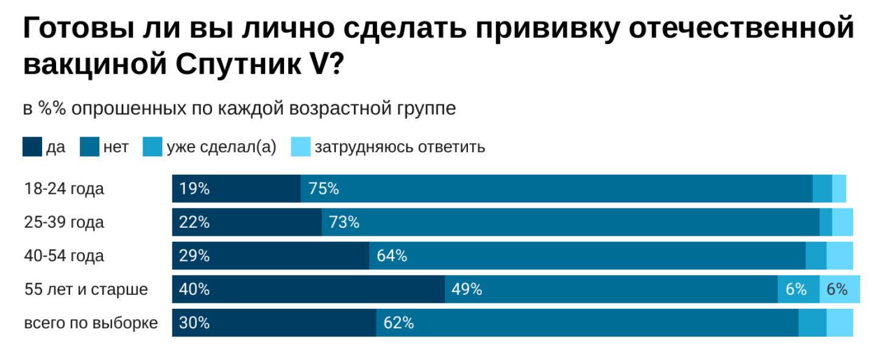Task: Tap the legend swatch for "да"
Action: click(32, 147)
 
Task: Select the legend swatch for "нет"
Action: click(90, 147)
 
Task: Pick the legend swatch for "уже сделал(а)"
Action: click(152, 147)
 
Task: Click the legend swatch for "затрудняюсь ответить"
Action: click(300, 147)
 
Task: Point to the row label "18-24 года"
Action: click(64, 189)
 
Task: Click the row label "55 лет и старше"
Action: click(86, 289)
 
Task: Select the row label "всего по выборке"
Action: click(91, 323)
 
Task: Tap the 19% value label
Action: click(194, 189)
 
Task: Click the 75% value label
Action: click(324, 189)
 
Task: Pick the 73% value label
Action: click(344, 222)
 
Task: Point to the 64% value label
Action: click(392, 256)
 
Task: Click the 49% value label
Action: click(467, 289)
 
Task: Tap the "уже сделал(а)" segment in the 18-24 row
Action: click(822, 189)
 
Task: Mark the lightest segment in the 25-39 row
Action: click(842, 222)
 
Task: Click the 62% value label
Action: click(398, 323)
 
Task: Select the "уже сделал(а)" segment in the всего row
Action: click(812, 323)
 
